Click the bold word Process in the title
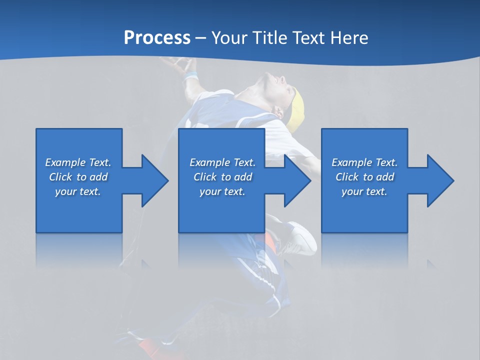[157, 37]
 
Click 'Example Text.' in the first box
[78, 162]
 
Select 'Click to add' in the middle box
[222, 177]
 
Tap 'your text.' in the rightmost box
[364, 191]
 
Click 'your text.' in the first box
[78, 191]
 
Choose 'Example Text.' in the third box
[364, 162]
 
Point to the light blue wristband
[190, 76]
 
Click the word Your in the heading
[228, 37]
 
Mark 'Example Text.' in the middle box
[222, 162]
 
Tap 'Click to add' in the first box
[78, 177]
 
